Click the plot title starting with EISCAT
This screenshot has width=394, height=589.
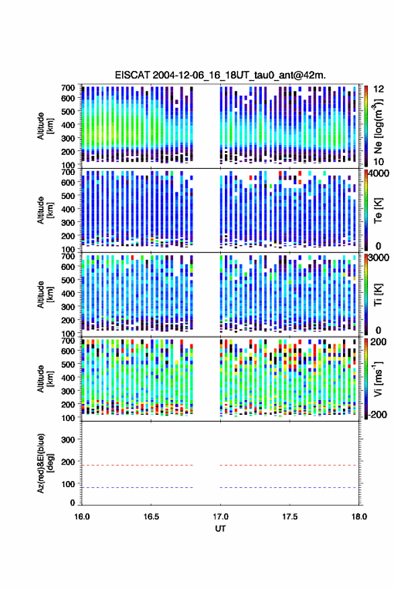click(220, 75)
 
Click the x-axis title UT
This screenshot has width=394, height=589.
click(220, 529)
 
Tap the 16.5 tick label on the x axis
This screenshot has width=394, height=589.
click(150, 517)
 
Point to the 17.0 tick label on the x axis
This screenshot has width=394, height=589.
click(220, 517)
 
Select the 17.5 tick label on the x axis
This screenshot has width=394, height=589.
click(289, 517)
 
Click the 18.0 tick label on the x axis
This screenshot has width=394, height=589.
click(359, 517)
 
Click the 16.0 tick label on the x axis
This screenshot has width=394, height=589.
click(82, 517)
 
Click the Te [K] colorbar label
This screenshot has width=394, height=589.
click(378, 210)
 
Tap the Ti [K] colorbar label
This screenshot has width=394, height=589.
click(378, 295)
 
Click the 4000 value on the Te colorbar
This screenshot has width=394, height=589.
click(379, 174)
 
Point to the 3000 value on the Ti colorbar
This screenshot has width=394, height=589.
click(379, 258)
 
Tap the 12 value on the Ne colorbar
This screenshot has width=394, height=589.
click(379, 89)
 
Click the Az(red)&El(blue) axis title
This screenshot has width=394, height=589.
click(45, 463)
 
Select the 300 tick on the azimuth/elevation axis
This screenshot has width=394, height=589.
click(68, 440)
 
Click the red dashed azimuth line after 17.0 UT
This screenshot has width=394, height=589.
click(288, 465)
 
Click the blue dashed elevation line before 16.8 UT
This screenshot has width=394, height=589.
click(138, 487)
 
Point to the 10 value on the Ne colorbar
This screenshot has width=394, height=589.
click(379, 162)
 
